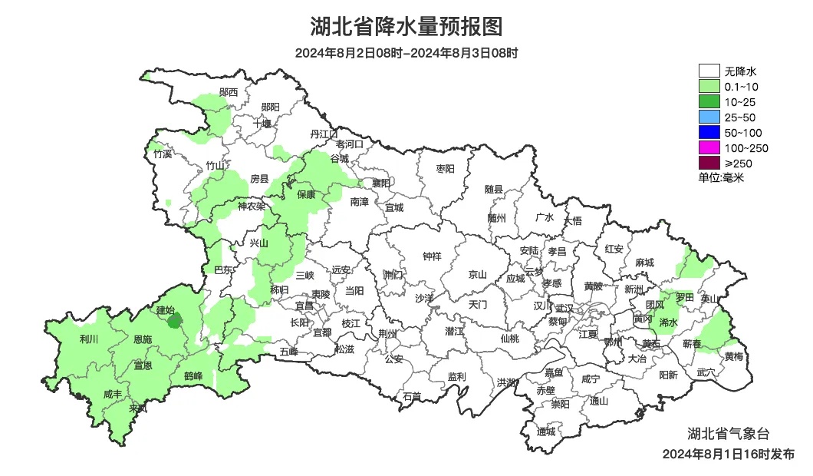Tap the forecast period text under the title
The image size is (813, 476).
coord(406,54)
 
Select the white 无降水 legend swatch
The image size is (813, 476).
coord(709,71)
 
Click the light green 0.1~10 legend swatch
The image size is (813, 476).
coord(709,87)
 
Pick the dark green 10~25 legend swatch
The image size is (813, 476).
coord(709,101)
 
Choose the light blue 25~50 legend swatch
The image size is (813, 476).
coord(709,117)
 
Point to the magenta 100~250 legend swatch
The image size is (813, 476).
coord(709,147)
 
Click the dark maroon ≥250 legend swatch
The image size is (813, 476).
coord(709,163)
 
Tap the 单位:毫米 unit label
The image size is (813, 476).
coord(721,177)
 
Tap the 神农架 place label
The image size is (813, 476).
coord(251,206)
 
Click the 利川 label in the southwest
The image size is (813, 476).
coord(89,339)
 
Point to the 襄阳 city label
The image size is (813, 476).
coord(380,183)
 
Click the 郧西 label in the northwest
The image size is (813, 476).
coord(228,92)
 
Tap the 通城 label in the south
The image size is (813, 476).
coord(546,431)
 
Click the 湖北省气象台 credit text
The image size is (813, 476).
coord(727,432)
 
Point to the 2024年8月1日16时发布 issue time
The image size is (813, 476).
coord(728,455)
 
